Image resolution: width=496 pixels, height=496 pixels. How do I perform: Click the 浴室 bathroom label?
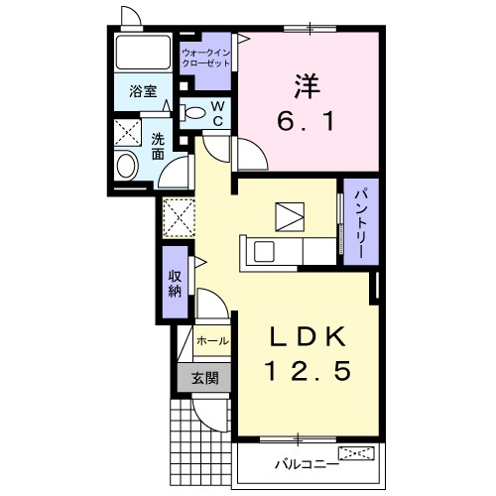[x=143, y=91]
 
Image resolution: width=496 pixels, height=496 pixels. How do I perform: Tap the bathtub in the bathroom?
[x=143, y=53]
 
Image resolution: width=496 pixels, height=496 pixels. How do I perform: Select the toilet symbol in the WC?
[x=191, y=113]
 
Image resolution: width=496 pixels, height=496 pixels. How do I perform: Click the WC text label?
[x=218, y=114]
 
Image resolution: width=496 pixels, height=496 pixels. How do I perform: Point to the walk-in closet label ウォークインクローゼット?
[x=206, y=58]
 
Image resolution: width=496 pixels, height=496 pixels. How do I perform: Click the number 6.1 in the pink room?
[x=306, y=121]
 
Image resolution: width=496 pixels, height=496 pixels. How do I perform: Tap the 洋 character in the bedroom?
[x=308, y=86]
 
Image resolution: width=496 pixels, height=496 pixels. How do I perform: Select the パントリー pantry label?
[x=360, y=223]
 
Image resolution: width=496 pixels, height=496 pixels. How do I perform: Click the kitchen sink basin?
[x=264, y=252]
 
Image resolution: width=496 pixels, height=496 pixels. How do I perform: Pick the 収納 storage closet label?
[x=175, y=284]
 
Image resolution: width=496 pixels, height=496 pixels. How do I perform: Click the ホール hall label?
[x=212, y=340]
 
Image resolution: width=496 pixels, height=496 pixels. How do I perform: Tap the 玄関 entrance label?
[x=205, y=378]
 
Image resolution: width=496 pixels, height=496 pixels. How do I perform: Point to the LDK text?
[x=308, y=336]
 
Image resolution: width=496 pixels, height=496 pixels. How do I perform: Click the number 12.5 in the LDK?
[x=308, y=370]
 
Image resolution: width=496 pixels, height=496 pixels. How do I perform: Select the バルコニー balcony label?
[x=307, y=464]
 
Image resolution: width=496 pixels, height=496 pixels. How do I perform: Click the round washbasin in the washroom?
[x=126, y=166]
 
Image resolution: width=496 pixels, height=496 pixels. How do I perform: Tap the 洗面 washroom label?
[x=158, y=147]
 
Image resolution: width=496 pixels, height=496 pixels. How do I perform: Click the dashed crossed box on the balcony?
[x=356, y=453]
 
